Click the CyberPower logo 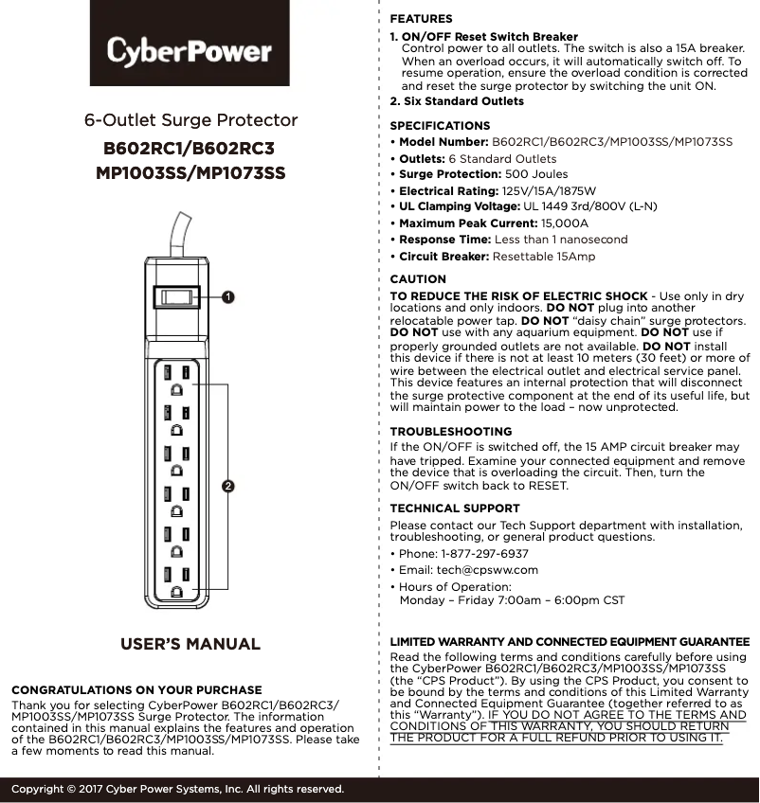pos(190,49)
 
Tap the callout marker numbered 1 pos(228,297)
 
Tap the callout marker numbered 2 pos(228,486)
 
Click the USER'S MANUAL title pos(190,645)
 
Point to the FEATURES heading pos(422,19)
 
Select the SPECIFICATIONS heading pos(441,126)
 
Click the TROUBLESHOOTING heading pos(451,432)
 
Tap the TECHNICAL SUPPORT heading pos(455,509)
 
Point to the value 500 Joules pos(536,174)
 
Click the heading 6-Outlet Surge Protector pos(190,120)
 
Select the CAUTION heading pos(418,279)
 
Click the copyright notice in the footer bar pos(177,789)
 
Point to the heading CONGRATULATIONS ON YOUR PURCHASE pos(136,690)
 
